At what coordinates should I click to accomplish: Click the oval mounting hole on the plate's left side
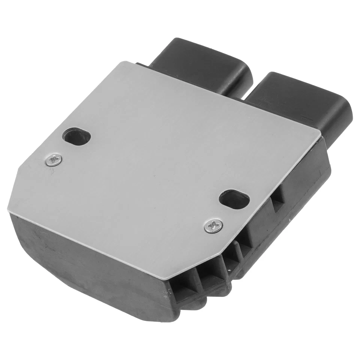[x=77, y=137]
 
